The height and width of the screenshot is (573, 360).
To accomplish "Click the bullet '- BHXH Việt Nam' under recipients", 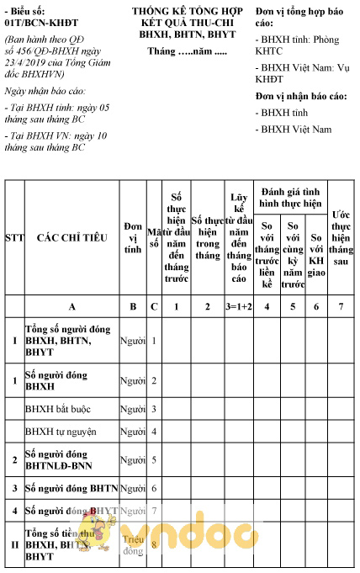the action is pos(294,130).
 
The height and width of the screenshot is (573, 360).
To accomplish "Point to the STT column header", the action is pos(14,238).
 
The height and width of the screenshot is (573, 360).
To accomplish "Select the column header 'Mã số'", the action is pos(153,238).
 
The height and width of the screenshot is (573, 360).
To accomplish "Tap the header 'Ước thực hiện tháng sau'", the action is pos(340,238).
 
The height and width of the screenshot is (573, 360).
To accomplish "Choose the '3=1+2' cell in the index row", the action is pos(238,306).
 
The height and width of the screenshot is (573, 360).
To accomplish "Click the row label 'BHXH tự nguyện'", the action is pos(61,432).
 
